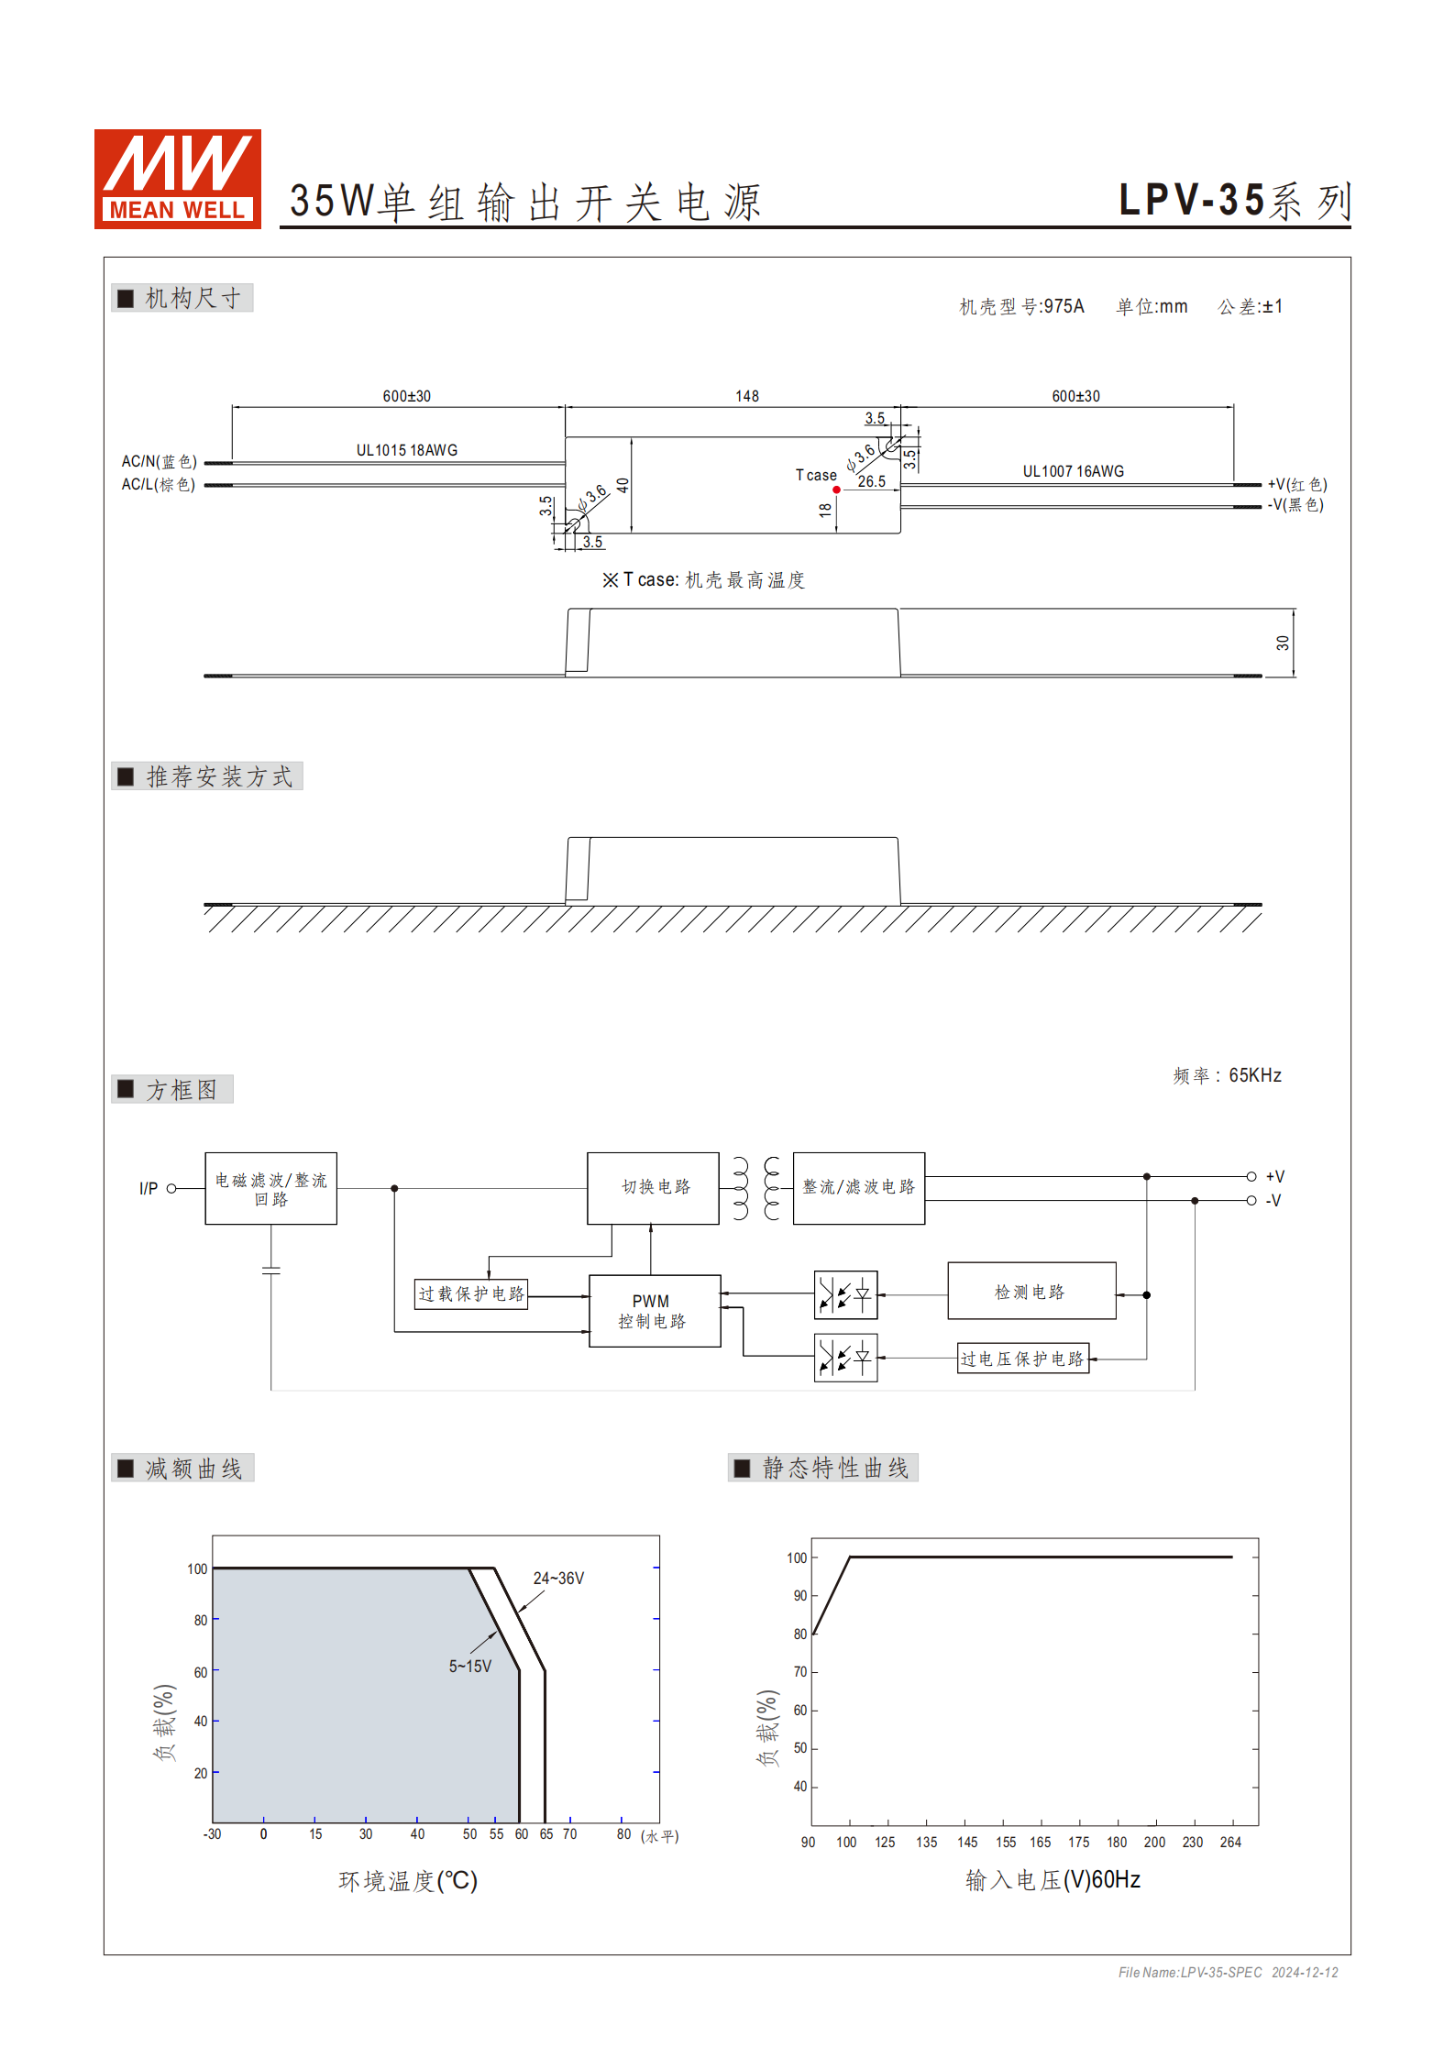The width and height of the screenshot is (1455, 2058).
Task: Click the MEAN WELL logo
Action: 178,179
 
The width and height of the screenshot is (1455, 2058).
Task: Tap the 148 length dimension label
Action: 746,396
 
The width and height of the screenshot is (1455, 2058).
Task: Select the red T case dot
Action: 836,490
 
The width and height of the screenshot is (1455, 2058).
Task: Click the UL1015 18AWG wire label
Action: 406,450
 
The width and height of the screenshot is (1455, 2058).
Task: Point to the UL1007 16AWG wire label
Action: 1073,471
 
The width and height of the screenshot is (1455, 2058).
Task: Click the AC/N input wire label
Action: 159,461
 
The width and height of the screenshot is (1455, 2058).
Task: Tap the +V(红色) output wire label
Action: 1296,484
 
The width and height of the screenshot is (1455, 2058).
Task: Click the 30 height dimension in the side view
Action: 1282,643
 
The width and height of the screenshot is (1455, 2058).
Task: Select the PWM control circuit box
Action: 654,1311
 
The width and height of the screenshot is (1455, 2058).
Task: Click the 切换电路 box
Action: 653,1187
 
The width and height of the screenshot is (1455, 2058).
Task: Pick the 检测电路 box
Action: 1031,1291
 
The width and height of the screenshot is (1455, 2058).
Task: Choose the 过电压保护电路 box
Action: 1022,1359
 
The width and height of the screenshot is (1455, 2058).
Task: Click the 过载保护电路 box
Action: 471,1293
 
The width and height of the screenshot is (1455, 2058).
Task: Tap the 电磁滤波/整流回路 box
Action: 270,1188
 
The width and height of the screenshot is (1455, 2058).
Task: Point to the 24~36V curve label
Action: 558,1578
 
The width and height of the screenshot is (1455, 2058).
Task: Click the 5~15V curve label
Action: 469,1666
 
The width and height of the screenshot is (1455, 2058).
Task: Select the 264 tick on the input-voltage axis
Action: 1230,1842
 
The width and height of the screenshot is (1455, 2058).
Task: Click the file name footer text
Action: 1228,1972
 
